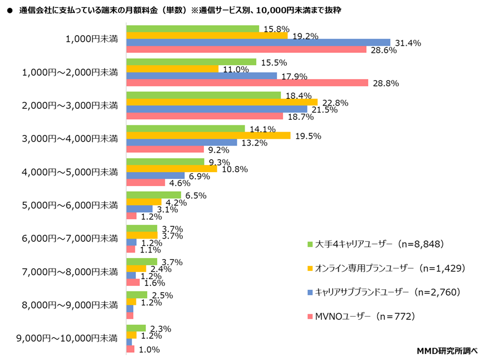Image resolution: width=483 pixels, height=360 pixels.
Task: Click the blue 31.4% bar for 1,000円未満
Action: tap(258, 42)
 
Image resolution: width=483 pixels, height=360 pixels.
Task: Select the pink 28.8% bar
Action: tap(247, 82)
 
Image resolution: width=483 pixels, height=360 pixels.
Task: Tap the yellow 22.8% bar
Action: tap(222, 102)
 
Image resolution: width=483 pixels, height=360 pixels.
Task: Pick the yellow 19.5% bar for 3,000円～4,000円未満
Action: tap(208, 135)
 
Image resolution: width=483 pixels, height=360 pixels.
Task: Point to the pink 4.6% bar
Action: tap(146, 182)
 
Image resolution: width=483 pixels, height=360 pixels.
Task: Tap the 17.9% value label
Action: tap(291, 76)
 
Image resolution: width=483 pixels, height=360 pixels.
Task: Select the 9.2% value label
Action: tap(218, 149)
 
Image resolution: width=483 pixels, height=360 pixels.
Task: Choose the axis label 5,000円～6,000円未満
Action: tap(70, 205)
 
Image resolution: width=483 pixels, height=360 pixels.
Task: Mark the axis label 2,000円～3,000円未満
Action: tap(70, 105)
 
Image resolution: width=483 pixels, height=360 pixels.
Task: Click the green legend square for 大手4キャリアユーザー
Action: tap(310, 244)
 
